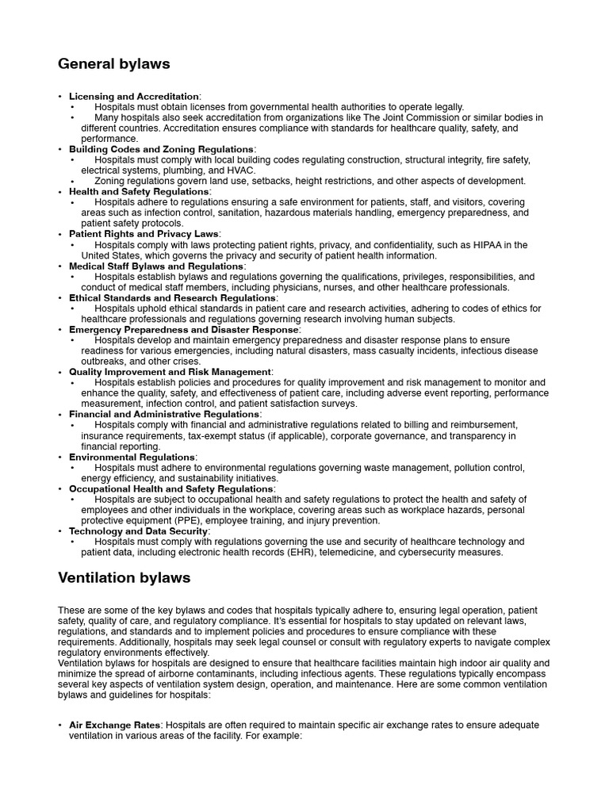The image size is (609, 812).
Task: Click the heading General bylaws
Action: (114, 64)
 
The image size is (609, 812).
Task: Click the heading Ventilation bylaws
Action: (124, 578)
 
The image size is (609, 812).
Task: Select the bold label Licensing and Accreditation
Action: (134, 96)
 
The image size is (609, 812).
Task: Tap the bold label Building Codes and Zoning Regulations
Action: (161, 149)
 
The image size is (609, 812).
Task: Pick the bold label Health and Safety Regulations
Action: (139, 192)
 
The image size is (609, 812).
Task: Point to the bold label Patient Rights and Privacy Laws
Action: (144, 235)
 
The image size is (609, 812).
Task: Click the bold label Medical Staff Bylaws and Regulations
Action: (156, 266)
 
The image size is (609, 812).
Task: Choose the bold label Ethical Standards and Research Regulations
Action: (173, 298)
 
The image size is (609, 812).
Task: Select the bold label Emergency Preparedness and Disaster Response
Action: (184, 330)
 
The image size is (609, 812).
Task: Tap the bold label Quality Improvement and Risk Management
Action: (170, 372)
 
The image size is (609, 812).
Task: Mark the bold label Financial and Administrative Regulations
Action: (164, 414)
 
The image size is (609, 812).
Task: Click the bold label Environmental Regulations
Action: (131, 457)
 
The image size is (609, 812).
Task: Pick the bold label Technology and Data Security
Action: (139, 531)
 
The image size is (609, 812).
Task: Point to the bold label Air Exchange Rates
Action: (114, 725)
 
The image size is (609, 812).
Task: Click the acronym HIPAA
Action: (498, 245)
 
